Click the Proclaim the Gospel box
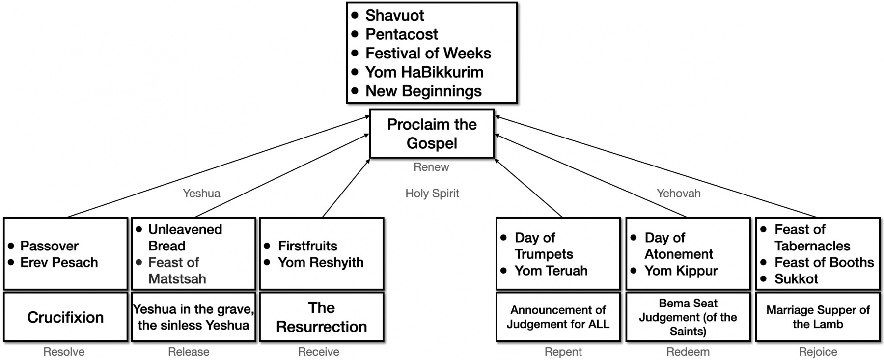click(x=432, y=134)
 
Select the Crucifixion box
click(x=65, y=317)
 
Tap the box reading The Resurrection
click(x=321, y=317)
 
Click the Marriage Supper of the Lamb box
click(x=818, y=317)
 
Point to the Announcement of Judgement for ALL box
click(x=558, y=317)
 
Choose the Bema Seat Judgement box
click(x=688, y=317)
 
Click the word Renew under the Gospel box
click(x=431, y=167)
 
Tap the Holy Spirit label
click(x=432, y=194)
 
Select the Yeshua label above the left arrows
click(x=201, y=194)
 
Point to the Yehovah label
click(x=679, y=194)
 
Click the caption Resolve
click(x=64, y=352)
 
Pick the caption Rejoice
click(x=818, y=352)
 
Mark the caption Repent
click(x=563, y=352)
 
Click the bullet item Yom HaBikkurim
click(x=424, y=72)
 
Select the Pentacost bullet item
click(x=402, y=34)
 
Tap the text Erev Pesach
click(x=59, y=262)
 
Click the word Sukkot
click(x=796, y=279)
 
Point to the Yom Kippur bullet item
click(x=681, y=271)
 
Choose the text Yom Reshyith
click(x=321, y=262)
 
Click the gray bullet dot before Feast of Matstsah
click(x=139, y=262)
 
